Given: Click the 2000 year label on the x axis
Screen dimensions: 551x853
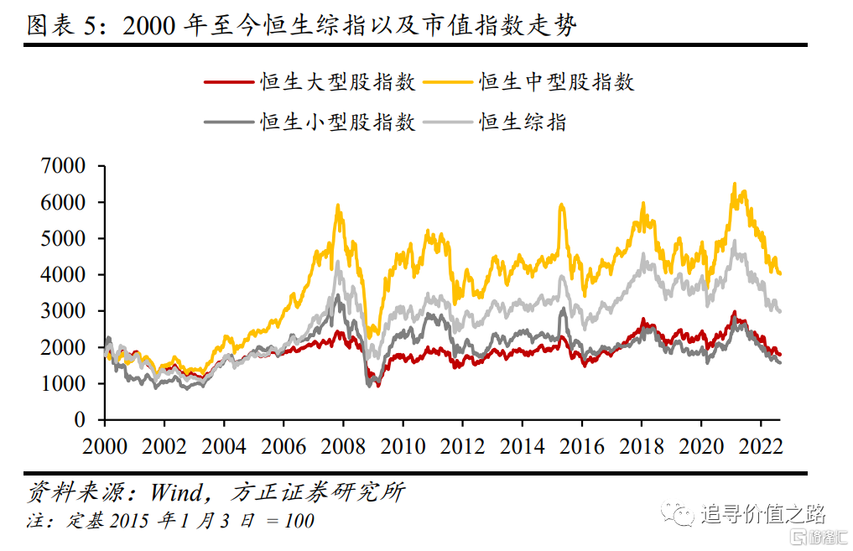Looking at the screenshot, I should (105, 445).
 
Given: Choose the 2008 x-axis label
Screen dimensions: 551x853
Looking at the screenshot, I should (343, 445).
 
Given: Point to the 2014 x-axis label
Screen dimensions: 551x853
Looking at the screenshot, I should (522, 445).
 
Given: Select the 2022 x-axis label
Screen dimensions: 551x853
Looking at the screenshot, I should (759, 445).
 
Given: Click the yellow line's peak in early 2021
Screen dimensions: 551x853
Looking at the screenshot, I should (735, 184).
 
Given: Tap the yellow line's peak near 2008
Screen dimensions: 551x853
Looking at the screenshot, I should (338, 205).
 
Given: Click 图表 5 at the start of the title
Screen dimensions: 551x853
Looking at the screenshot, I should (63, 26).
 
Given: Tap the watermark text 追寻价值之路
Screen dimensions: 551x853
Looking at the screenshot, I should (763, 513).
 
